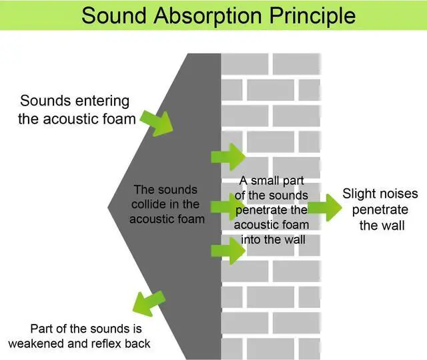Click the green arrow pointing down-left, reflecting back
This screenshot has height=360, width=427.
click(147, 303)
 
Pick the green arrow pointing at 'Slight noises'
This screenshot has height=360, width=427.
click(323, 208)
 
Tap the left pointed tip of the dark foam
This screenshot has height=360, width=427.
click(109, 207)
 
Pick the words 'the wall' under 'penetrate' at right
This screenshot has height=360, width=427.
click(382, 225)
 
